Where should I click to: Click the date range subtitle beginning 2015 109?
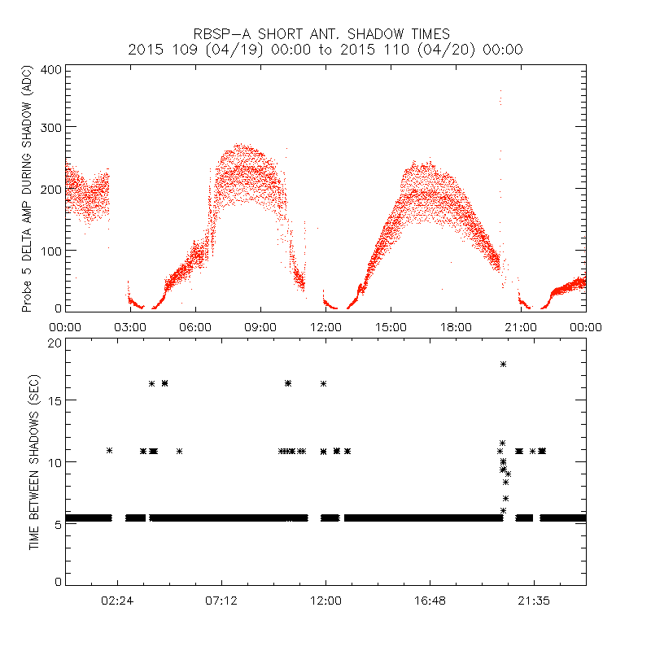point(325,50)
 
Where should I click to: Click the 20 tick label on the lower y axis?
point(53,343)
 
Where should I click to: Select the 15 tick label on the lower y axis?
point(53,400)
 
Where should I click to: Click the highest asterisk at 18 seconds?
point(504,364)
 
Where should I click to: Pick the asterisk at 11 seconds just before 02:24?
point(109,450)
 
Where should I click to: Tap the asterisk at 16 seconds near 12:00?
point(324,383)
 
